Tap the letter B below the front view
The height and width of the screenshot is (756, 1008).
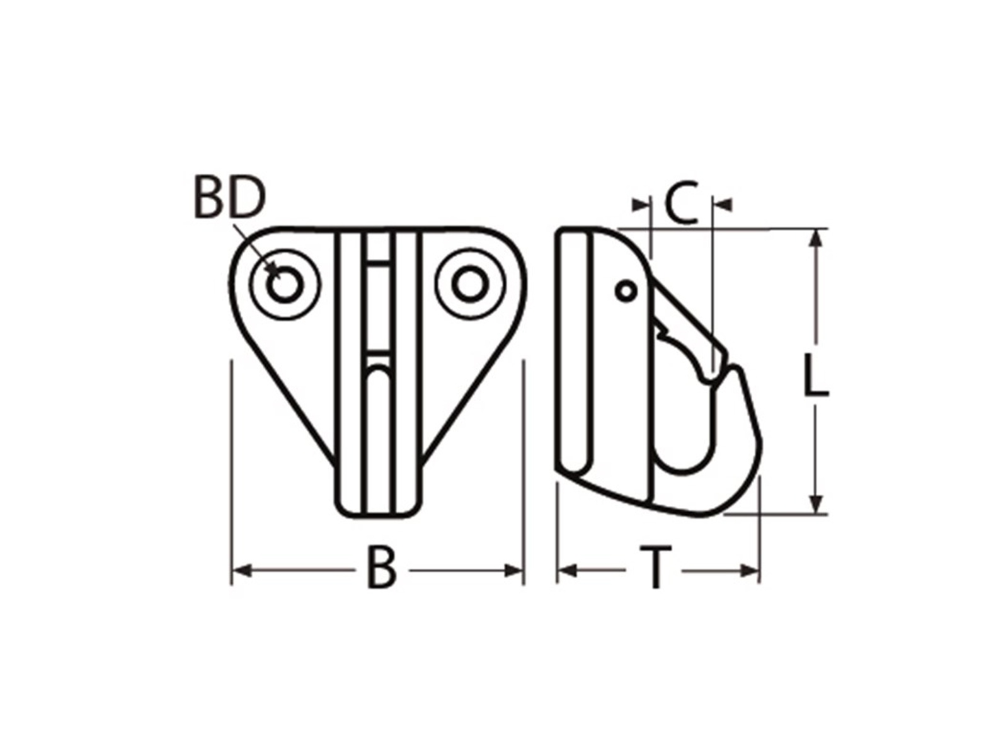(x=382, y=568)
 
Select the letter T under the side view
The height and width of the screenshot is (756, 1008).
(x=656, y=568)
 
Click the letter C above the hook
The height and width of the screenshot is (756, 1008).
(x=682, y=203)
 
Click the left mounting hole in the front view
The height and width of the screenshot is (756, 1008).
(x=285, y=285)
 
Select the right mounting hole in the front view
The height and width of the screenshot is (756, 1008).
(x=469, y=285)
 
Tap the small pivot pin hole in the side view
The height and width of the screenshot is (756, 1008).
(x=626, y=291)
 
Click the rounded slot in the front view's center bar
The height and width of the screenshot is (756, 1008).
(x=378, y=403)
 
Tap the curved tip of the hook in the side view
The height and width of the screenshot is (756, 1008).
(x=740, y=378)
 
